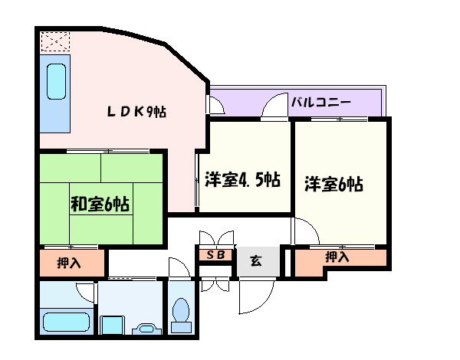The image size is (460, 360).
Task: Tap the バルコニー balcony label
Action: pos(320,101)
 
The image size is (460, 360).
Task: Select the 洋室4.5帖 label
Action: pos(242,181)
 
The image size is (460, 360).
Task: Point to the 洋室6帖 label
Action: pos(333,184)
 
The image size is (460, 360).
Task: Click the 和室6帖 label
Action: pos(100,205)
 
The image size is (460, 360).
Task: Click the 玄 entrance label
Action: pos(256,262)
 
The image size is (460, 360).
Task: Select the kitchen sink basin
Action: pos(56,81)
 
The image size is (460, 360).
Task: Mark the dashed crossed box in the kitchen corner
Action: pos(54,40)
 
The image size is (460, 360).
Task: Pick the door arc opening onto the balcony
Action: pos(274,107)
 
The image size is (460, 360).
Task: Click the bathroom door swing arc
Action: pos(86,291)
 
